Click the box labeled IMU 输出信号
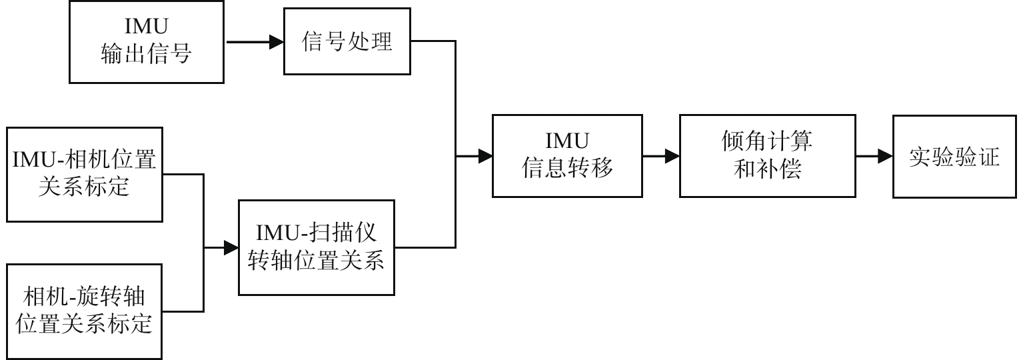click(x=147, y=42)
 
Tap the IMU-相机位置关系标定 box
click(x=84, y=175)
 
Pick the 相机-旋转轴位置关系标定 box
click(x=84, y=311)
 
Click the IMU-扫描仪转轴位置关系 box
click(x=317, y=247)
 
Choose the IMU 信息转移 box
click(x=567, y=156)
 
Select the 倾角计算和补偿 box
click(x=767, y=156)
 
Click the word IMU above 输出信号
click(x=146, y=27)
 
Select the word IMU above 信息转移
click(x=567, y=141)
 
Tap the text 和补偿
click(x=767, y=170)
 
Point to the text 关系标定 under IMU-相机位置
click(x=84, y=188)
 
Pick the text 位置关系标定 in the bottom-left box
click(x=84, y=325)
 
